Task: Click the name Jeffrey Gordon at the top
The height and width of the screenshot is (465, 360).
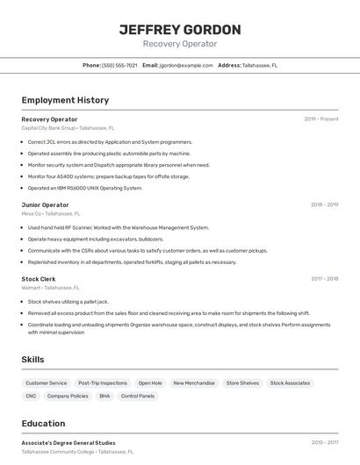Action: coord(179,29)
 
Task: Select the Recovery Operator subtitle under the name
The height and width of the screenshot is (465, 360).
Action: coord(179,44)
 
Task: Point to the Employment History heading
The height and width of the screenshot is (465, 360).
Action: coord(65,101)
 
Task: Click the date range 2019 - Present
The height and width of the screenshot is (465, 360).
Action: coord(321,119)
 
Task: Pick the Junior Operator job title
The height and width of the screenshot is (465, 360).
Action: coord(45,204)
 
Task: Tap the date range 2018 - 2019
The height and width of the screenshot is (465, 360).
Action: coord(324,204)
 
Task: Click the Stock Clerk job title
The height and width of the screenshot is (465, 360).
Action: coord(39,279)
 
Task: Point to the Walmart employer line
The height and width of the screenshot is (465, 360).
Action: coord(50,288)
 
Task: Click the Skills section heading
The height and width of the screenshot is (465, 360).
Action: coord(32,360)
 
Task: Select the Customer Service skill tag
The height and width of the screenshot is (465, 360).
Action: coord(47,383)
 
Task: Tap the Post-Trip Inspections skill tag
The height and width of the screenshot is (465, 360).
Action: coord(103,383)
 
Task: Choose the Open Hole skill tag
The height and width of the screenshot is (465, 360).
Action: coord(150,383)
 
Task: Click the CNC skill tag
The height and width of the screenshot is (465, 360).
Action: coord(31,397)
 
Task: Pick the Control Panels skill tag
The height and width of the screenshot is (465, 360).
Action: coord(138,397)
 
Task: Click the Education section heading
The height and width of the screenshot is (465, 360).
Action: coord(43,424)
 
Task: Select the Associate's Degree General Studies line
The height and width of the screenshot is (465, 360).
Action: coord(68,443)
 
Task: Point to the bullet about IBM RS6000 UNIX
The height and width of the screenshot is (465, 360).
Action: coord(84,188)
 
